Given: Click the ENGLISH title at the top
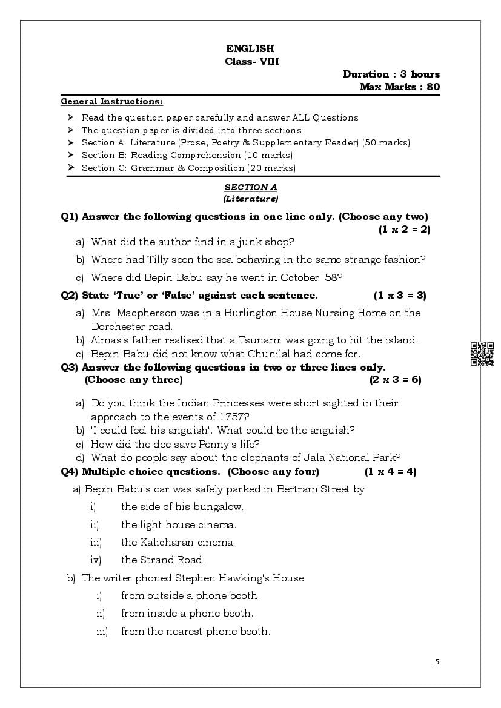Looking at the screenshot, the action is point(250,48).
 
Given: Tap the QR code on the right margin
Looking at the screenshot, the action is point(482,354).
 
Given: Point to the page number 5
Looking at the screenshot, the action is point(438,661).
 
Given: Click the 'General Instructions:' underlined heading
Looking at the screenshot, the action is point(111,101).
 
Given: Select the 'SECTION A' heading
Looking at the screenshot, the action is point(250,188).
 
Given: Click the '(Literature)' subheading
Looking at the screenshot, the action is point(250,199).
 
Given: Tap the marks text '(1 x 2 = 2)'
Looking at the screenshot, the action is point(404,229).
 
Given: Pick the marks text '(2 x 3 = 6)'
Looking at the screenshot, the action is point(395,380).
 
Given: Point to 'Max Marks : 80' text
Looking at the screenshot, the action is point(400,87).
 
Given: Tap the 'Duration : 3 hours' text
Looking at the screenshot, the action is point(391,74).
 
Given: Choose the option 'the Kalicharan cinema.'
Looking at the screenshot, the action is point(178,542).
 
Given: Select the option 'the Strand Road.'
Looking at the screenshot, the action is point(163,560).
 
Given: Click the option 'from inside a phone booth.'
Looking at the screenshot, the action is point(187,613).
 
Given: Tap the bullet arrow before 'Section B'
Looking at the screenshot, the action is point(70,155).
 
